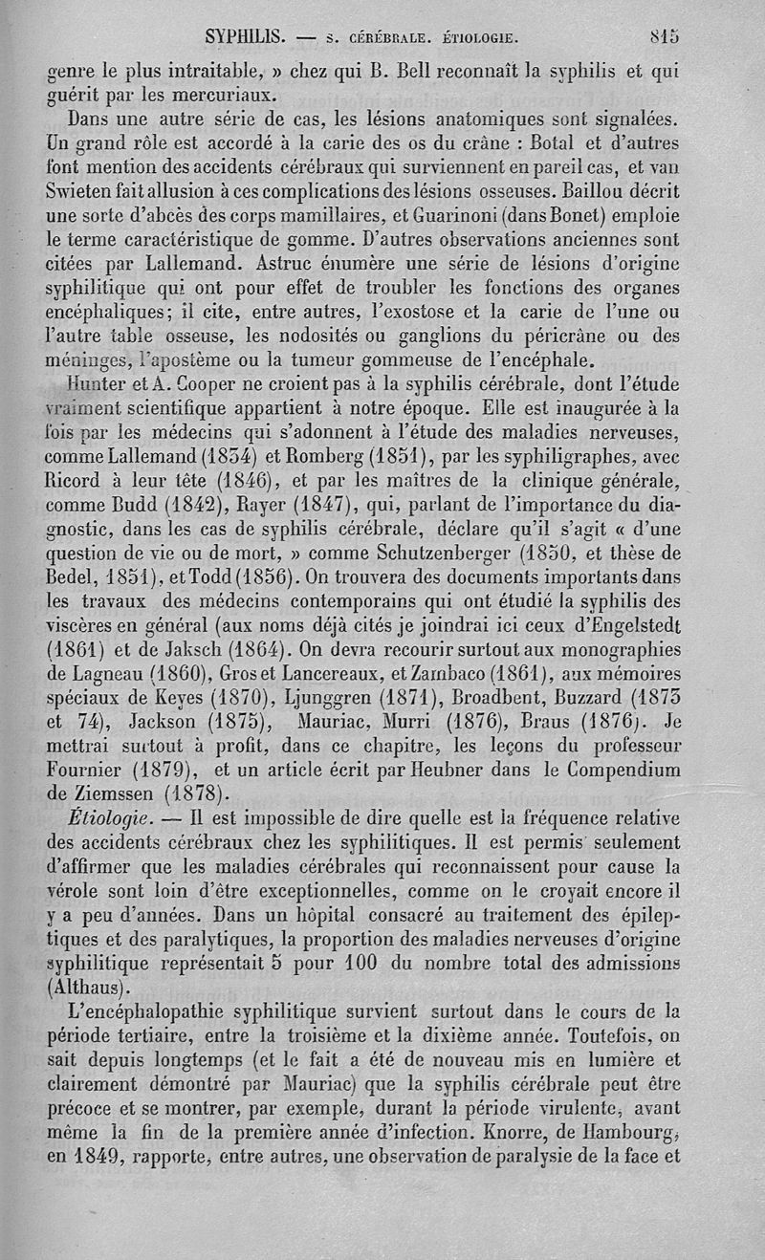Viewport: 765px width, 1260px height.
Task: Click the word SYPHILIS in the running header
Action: pos(248,39)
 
